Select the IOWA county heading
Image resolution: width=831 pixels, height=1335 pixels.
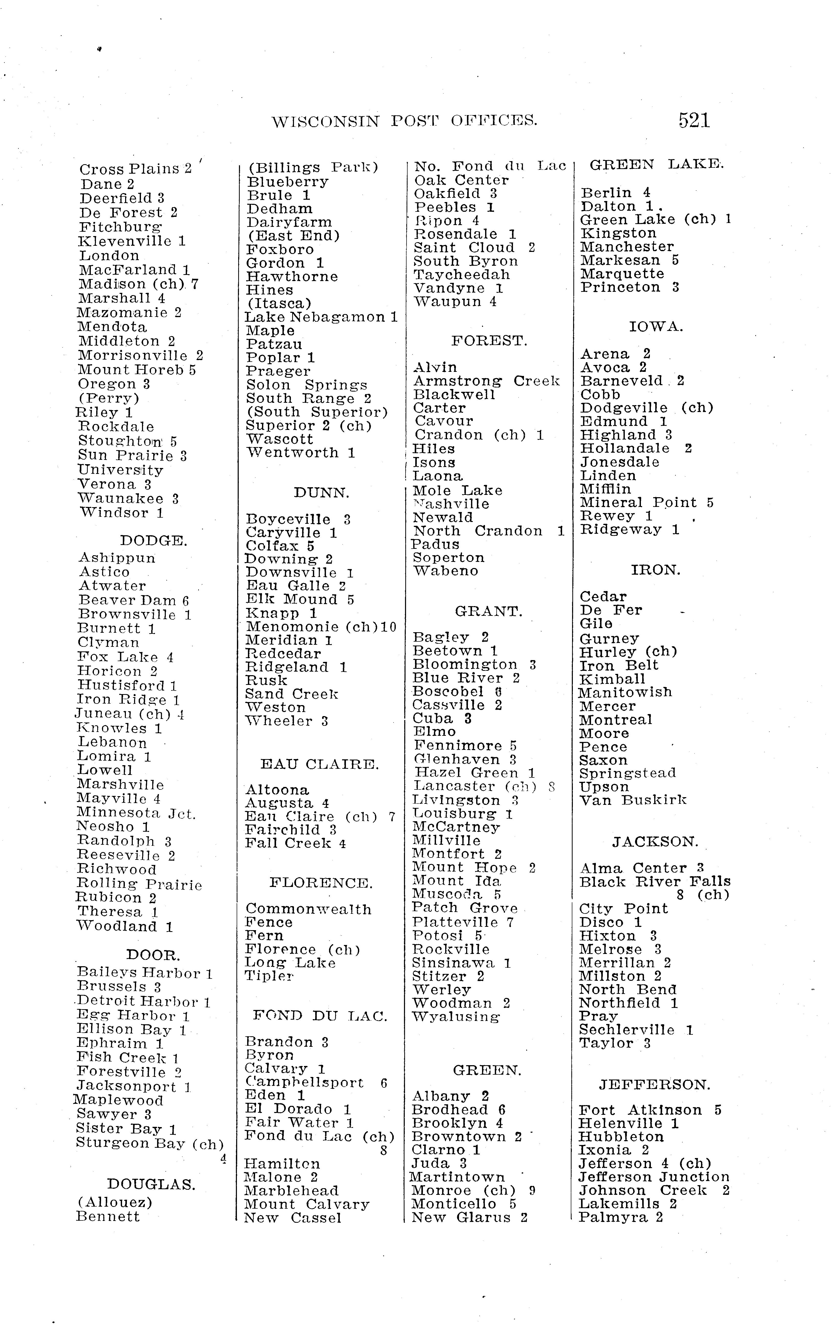tap(656, 327)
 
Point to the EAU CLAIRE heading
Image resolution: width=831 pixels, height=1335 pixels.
tap(319, 764)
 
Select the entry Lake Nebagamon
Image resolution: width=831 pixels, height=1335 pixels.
tap(315, 317)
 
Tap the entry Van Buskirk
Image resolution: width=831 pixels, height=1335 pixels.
tap(633, 800)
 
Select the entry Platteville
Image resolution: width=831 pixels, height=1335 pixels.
tap(455, 922)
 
